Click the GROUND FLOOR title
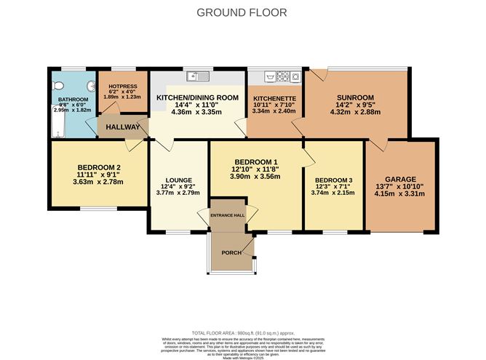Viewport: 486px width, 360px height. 243,12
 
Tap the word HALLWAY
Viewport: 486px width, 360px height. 123,127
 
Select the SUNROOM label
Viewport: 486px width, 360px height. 356,98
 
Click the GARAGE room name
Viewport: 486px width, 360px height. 400,179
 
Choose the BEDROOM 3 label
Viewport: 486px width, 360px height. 331,180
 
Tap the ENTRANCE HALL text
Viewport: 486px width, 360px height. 228,216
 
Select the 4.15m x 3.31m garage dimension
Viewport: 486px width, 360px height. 400,197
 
